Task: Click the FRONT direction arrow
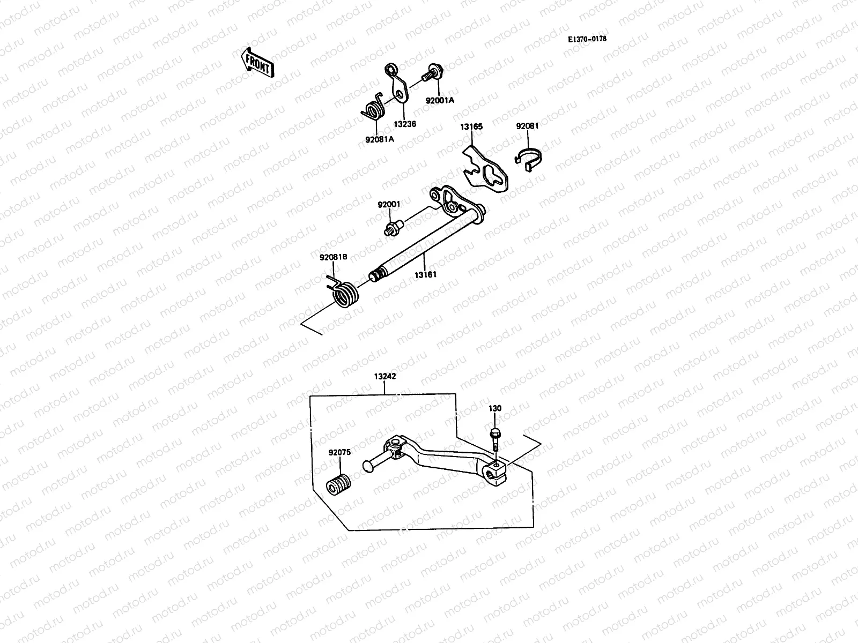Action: pyautogui.click(x=258, y=63)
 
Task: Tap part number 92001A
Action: pyautogui.click(x=440, y=100)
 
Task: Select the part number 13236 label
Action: pyautogui.click(x=405, y=123)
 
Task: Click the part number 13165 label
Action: pyautogui.click(x=471, y=127)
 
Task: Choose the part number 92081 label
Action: pyautogui.click(x=527, y=126)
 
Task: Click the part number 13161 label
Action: pyautogui.click(x=425, y=274)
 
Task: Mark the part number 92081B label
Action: pyautogui.click(x=334, y=257)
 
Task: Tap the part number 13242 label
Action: pyautogui.click(x=385, y=376)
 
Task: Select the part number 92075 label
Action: pyautogui.click(x=340, y=452)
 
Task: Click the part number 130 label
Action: pyautogui.click(x=495, y=408)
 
